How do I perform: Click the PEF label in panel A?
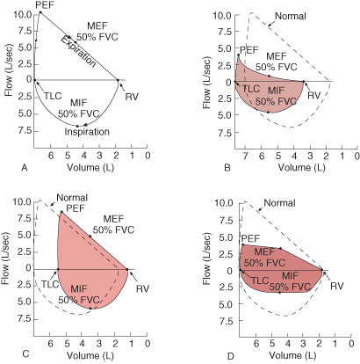pos(45,5)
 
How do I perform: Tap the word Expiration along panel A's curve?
pos(78,52)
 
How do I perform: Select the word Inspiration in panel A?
pos(87,132)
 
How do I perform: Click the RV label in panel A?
pos(132,97)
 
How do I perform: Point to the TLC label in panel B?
pos(251,89)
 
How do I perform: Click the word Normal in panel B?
pos(291,16)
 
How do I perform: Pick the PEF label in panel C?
pos(76,208)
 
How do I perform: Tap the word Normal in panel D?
pos(279,203)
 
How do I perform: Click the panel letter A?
pos(25,168)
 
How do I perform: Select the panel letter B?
pos(227,168)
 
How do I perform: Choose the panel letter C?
pos(25,354)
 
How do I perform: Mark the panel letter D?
pos(231,356)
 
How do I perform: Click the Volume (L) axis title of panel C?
pos(90,356)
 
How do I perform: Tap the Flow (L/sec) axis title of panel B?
pos(206,83)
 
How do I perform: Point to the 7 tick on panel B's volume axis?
pos(246,156)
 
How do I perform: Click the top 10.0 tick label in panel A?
pos(22,14)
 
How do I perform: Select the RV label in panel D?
pos(337,286)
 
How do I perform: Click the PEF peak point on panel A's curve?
pos(40,12)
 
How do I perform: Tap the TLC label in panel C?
pos(50,284)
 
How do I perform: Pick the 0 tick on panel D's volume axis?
pos(351,343)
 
